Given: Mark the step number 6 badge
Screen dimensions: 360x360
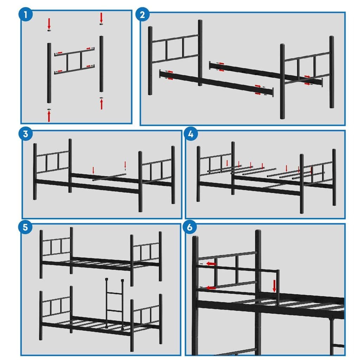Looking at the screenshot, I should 190,227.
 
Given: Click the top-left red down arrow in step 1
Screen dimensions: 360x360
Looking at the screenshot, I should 49,24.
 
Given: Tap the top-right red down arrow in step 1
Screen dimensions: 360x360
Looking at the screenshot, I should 101,17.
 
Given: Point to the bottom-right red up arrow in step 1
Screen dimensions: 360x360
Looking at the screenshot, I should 101,104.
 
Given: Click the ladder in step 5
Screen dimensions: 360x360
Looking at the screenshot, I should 114,302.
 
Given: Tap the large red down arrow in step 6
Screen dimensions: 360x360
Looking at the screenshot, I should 274,286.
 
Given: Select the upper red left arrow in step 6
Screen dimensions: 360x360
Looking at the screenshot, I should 211,263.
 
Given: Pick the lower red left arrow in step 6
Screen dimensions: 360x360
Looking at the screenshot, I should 211,288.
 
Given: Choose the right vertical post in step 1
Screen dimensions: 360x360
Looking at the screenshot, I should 101,63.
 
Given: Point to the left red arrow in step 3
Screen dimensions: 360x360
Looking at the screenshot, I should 93,170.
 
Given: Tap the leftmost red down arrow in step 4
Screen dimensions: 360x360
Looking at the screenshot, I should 227,163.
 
